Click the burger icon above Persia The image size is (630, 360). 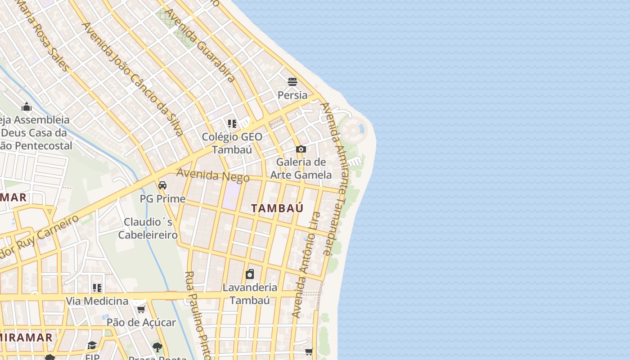pyautogui.click(x=292, y=82)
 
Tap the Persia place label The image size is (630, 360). pyautogui.click(x=292, y=95)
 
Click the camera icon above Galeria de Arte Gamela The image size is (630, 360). pyautogui.click(x=301, y=149)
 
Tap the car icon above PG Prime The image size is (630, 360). pyautogui.click(x=162, y=185)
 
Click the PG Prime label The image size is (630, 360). pyautogui.click(x=162, y=198)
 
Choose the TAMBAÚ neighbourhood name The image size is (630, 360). pyautogui.click(x=277, y=208)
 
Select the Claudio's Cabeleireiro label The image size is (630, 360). pyautogui.click(x=148, y=229)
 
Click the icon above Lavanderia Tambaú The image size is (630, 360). pyautogui.click(x=250, y=274)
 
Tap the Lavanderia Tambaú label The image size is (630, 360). pyautogui.click(x=250, y=293)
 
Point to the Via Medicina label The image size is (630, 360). pyautogui.click(x=97, y=301)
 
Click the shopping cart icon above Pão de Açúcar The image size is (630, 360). pyautogui.click(x=141, y=309)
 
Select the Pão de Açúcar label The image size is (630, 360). pyautogui.click(x=141, y=322)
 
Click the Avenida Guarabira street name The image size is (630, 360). pyautogui.click(x=200, y=45)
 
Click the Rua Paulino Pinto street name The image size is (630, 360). pyautogui.click(x=198, y=315)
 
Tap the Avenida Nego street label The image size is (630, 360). pyautogui.click(x=213, y=175)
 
